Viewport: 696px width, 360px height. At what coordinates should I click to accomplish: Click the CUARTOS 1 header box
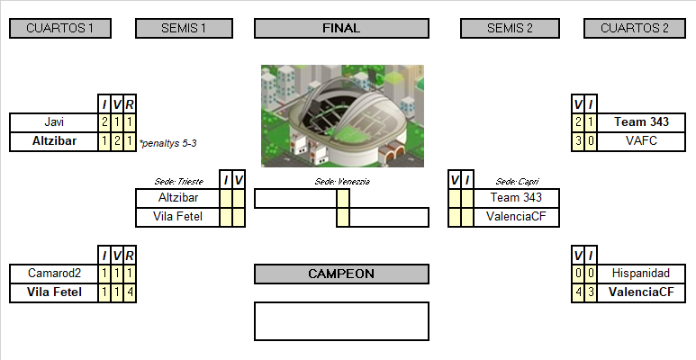point(60,29)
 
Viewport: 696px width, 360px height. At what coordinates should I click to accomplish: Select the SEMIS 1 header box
point(184,29)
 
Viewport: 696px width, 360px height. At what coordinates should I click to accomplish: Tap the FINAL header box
point(341,29)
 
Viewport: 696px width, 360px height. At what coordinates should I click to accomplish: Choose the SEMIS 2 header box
point(511,29)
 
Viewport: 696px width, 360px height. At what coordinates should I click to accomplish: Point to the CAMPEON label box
point(341,274)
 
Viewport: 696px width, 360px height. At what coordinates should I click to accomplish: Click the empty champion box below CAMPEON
point(341,320)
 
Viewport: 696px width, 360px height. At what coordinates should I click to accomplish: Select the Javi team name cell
point(54,121)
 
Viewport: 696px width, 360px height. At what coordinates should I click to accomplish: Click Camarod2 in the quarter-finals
point(54,273)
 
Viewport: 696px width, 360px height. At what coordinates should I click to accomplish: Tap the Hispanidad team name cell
point(640,273)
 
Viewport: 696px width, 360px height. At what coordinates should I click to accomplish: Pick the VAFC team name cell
point(640,140)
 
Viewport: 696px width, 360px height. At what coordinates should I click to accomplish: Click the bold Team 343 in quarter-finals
point(640,121)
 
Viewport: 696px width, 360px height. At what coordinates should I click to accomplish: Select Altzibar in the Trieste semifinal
point(176,197)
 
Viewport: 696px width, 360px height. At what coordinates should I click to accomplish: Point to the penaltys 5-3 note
point(168,142)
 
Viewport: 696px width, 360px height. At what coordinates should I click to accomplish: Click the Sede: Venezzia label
point(342,181)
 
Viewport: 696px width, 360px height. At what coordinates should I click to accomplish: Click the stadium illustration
point(342,115)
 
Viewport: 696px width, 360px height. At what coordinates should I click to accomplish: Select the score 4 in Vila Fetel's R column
point(130,292)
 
